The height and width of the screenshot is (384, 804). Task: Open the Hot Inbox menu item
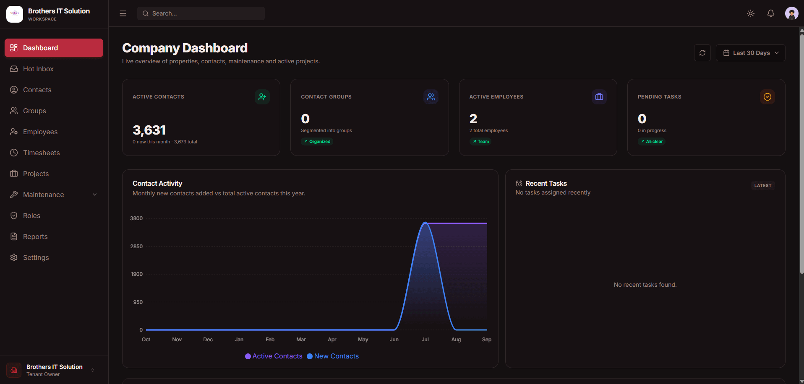(x=54, y=69)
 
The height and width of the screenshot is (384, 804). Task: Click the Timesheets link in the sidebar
(x=54, y=153)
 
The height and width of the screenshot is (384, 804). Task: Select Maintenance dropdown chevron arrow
(x=95, y=195)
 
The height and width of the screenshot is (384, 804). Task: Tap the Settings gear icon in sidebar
(x=14, y=257)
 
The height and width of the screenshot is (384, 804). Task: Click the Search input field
(x=201, y=13)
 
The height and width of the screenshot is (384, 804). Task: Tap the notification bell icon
(x=771, y=13)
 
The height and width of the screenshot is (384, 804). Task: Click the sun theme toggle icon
(x=751, y=13)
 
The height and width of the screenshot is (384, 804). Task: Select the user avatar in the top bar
(x=792, y=13)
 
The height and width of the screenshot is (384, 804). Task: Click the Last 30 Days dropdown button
(x=751, y=53)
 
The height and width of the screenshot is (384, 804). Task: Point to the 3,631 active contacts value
(x=149, y=130)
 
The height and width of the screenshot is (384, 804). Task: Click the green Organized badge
(x=317, y=142)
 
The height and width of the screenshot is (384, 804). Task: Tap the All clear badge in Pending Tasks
(x=652, y=142)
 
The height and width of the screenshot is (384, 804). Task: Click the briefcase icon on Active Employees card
(x=599, y=97)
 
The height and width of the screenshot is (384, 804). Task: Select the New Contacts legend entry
(x=333, y=356)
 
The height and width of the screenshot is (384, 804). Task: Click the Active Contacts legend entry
(x=274, y=356)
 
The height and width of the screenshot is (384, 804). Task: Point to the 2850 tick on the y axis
(x=136, y=246)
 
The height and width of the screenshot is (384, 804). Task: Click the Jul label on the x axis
(x=425, y=340)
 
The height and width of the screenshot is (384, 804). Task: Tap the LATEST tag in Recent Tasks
(x=763, y=186)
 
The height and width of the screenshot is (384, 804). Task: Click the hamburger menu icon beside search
(x=123, y=13)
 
